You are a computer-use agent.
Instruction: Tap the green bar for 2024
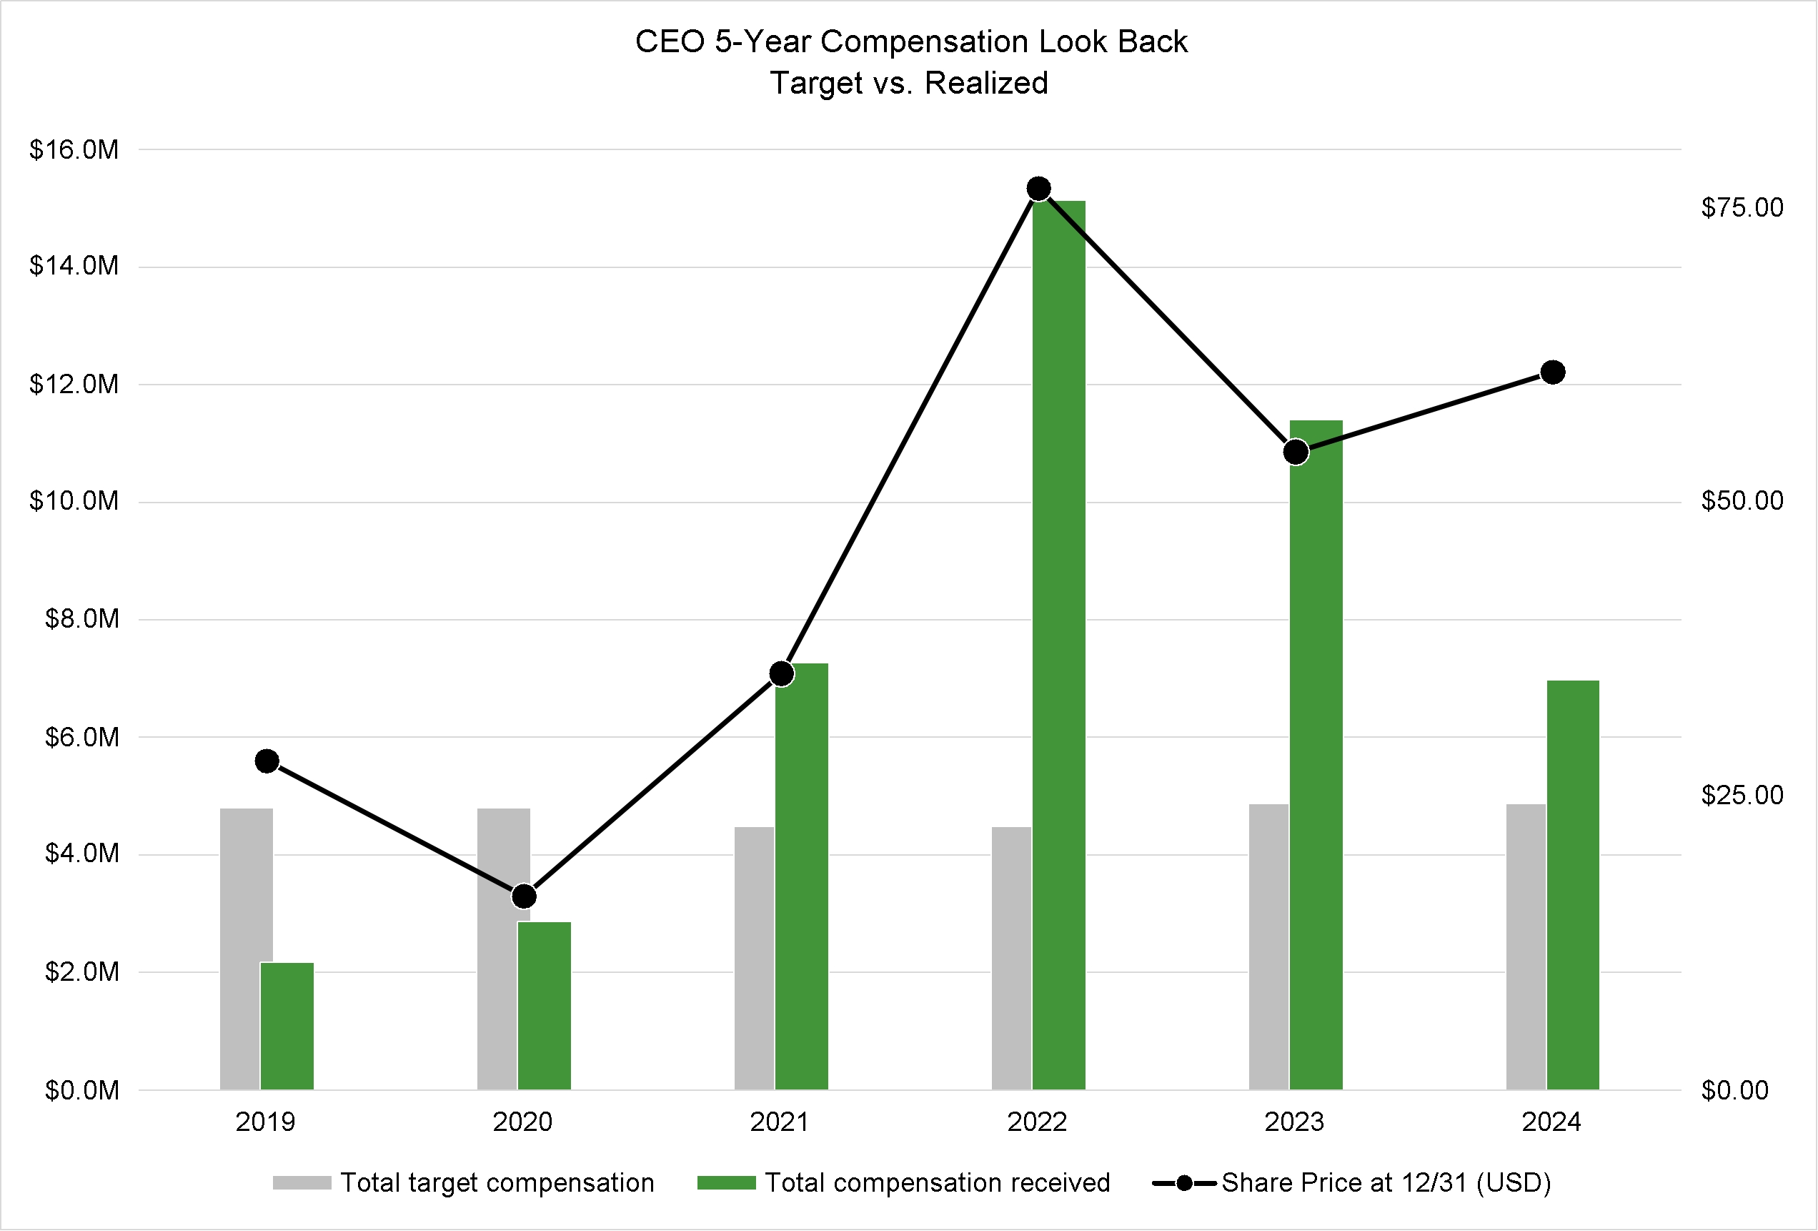(1572, 884)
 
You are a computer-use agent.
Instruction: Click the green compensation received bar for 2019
(287, 1025)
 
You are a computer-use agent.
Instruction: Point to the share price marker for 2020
(524, 896)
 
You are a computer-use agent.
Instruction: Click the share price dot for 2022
(1039, 189)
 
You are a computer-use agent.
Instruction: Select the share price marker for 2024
(1553, 372)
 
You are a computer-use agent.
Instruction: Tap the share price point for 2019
(267, 761)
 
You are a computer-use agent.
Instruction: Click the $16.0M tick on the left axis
(74, 149)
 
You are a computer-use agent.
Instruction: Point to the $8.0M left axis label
(82, 619)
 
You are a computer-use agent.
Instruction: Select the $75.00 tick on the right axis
(1742, 207)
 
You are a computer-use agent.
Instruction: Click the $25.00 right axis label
(1742, 796)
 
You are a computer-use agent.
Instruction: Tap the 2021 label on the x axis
(780, 1122)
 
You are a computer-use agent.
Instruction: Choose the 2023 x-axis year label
(1295, 1122)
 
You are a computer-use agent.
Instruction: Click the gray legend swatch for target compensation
(302, 1182)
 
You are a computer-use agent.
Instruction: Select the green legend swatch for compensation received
(727, 1182)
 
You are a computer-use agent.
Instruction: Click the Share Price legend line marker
(1184, 1182)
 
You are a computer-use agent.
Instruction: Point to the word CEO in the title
(670, 41)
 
